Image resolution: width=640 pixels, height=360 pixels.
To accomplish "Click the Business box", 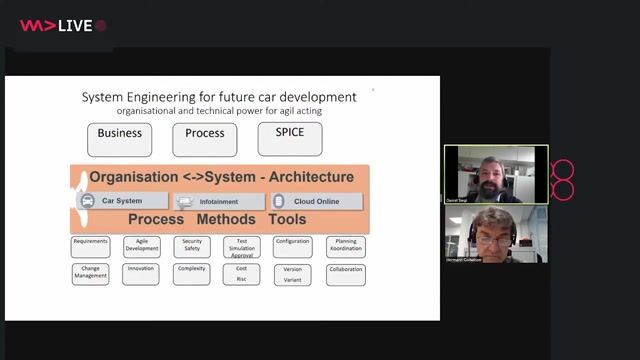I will pyautogui.click(x=120, y=139).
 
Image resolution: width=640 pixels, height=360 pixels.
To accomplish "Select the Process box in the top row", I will pyautogui.click(x=204, y=139).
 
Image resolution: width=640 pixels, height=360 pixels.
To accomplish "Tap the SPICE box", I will pyautogui.click(x=289, y=139).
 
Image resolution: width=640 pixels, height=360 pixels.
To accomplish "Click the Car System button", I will pyautogui.click(x=118, y=201).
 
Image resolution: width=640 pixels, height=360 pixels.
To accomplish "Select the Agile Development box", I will pyautogui.click(x=142, y=246).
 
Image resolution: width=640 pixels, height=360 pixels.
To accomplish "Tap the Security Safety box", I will pyautogui.click(x=192, y=246).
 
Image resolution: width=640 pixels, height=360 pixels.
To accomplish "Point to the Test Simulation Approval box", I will pyautogui.click(x=242, y=247).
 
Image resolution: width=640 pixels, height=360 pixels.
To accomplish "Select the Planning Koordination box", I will pyautogui.click(x=346, y=246).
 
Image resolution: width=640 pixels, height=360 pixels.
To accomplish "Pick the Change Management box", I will pyautogui.click(x=91, y=273).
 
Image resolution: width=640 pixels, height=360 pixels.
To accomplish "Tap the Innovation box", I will pyautogui.click(x=142, y=273).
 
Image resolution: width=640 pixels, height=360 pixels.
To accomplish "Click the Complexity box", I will pyautogui.click(x=192, y=273).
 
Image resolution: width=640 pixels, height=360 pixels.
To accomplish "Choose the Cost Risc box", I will pyautogui.click(x=242, y=274).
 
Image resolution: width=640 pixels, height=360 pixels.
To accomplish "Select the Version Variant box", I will pyautogui.click(x=293, y=274).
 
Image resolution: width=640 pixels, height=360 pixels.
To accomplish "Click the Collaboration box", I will pyautogui.click(x=346, y=273).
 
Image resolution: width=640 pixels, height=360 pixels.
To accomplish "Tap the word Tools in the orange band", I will pyautogui.click(x=287, y=219).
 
